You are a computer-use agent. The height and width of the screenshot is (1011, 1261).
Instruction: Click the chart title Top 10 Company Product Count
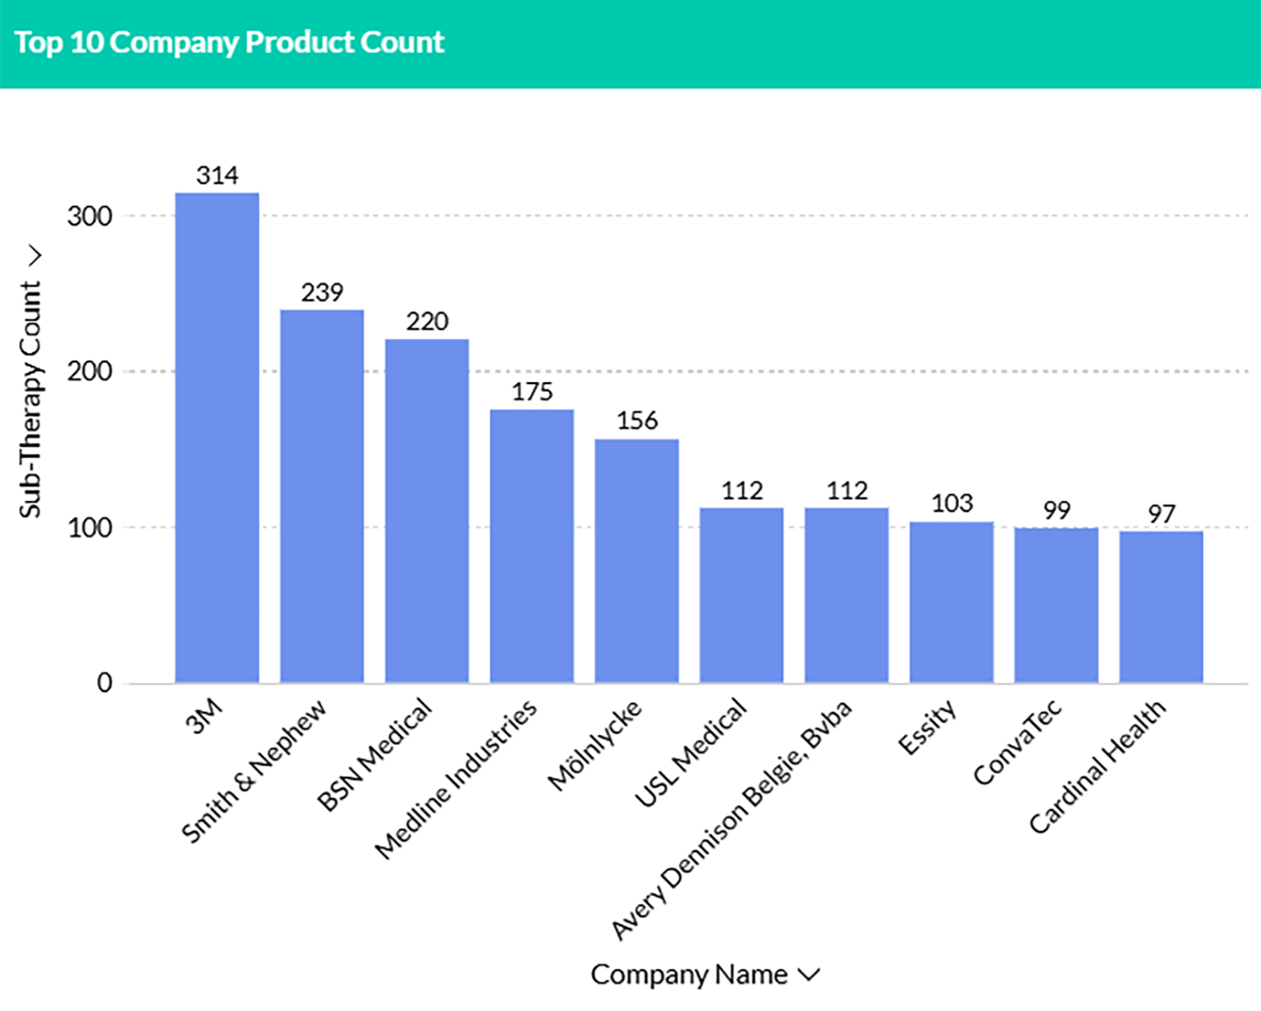tap(229, 42)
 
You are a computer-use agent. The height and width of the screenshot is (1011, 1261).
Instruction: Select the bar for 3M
tap(217, 438)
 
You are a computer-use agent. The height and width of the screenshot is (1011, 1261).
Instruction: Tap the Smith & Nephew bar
tap(322, 496)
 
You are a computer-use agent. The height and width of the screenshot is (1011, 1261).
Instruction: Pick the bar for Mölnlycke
tap(637, 560)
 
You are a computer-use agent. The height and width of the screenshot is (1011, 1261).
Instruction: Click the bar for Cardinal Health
tap(1161, 606)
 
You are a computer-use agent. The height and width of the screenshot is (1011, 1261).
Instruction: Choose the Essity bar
tap(951, 602)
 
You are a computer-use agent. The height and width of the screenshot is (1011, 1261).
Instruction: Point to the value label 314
tap(217, 176)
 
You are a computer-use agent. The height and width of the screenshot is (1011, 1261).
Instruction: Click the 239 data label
tap(322, 292)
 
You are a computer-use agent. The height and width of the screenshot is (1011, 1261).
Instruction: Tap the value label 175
tap(532, 392)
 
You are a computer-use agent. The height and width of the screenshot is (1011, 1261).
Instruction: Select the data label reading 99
tap(1056, 510)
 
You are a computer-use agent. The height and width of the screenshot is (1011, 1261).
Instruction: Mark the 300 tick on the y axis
tap(90, 216)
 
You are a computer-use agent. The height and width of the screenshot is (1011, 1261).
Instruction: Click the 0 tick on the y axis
tap(105, 683)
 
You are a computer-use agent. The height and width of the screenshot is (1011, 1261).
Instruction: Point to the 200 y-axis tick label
tap(90, 372)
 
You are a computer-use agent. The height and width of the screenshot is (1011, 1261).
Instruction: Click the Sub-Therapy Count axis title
tap(30, 399)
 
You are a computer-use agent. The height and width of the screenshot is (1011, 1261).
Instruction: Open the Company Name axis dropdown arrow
tap(809, 975)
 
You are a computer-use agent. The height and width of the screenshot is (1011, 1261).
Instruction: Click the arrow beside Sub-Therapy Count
tap(35, 256)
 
